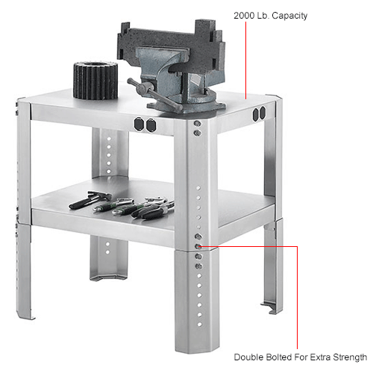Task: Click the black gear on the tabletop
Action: (95, 80)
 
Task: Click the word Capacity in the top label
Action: (289, 16)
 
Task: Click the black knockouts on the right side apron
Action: (260, 114)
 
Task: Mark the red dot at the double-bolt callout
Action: (198, 245)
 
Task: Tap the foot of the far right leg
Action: (271, 305)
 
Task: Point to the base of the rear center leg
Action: (105, 275)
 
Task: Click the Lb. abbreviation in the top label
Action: (262, 16)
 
